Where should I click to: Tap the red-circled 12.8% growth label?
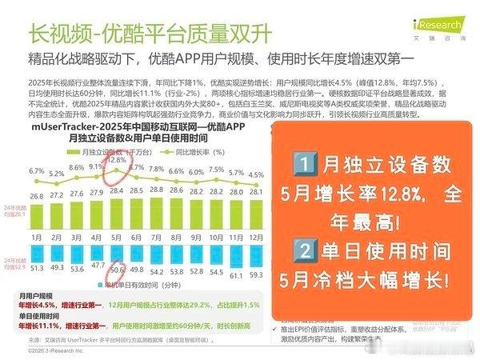pyautogui.click(x=117, y=160)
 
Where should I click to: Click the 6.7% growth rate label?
pyautogui.click(x=36, y=171)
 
